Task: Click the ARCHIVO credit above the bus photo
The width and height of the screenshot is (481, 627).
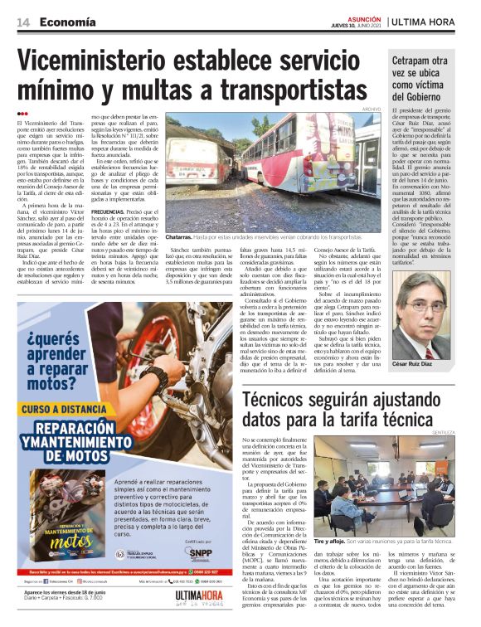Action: (371, 109)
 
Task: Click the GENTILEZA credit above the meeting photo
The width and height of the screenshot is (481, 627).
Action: (454, 434)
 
